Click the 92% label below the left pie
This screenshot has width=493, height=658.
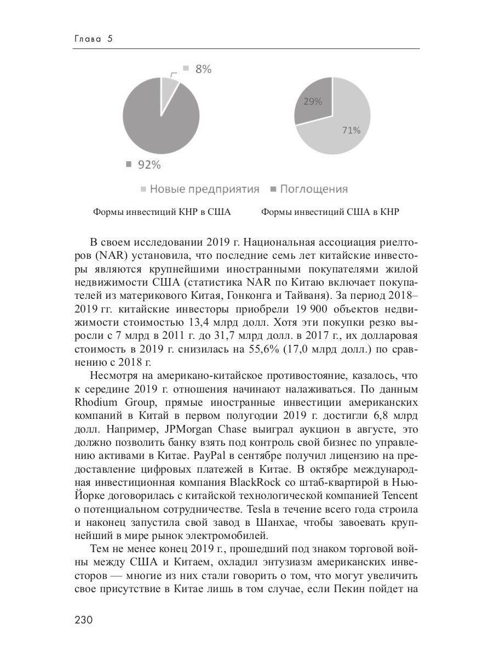(x=149, y=164)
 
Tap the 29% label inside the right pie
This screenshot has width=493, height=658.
(x=313, y=101)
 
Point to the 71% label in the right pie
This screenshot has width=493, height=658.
(x=351, y=131)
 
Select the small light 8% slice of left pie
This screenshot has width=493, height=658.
(x=168, y=88)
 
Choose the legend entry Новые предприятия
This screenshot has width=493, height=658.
(x=204, y=189)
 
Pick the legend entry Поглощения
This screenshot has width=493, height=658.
(x=313, y=189)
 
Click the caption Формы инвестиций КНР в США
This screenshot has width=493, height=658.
(x=162, y=212)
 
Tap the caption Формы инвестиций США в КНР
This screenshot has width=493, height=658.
(x=330, y=212)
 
